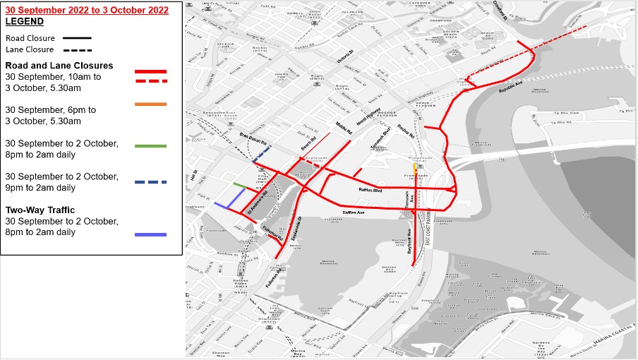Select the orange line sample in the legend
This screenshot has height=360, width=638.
145,104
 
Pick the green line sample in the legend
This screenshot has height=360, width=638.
145,146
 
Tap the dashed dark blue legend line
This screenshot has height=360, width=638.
145,182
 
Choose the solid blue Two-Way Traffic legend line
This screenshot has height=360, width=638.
145,234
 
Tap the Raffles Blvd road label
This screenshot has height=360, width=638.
370,191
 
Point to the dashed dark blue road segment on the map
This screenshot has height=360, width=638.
260,152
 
